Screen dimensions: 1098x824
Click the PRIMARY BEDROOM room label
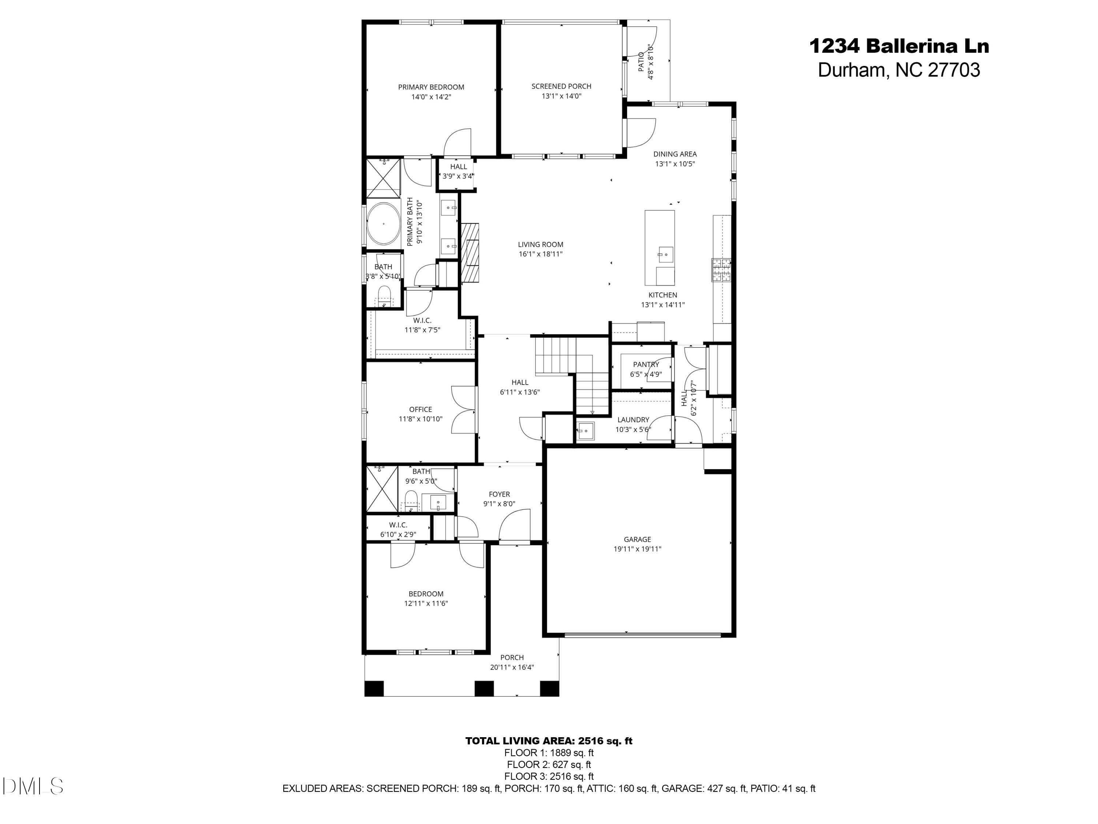pos(431,87)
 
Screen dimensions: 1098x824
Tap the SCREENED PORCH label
pos(561,86)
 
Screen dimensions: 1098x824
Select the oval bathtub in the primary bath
pos(384,223)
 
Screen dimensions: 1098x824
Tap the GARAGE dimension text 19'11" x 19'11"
pos(637,549)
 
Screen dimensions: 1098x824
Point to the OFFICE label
pos(421,409)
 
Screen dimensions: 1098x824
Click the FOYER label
pos(499,494)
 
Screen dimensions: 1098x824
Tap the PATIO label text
pos(641,62)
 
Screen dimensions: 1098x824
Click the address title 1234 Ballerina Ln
pos(899,46)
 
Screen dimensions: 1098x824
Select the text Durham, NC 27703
pos(899,70)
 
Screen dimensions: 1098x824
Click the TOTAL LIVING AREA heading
pos(549,741)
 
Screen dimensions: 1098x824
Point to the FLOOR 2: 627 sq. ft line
pos(549,765)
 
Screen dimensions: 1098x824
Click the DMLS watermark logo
pos(33,786)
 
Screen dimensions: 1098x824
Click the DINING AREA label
pos(675,154)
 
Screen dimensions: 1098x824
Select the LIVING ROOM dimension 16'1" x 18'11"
pos(541,254)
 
